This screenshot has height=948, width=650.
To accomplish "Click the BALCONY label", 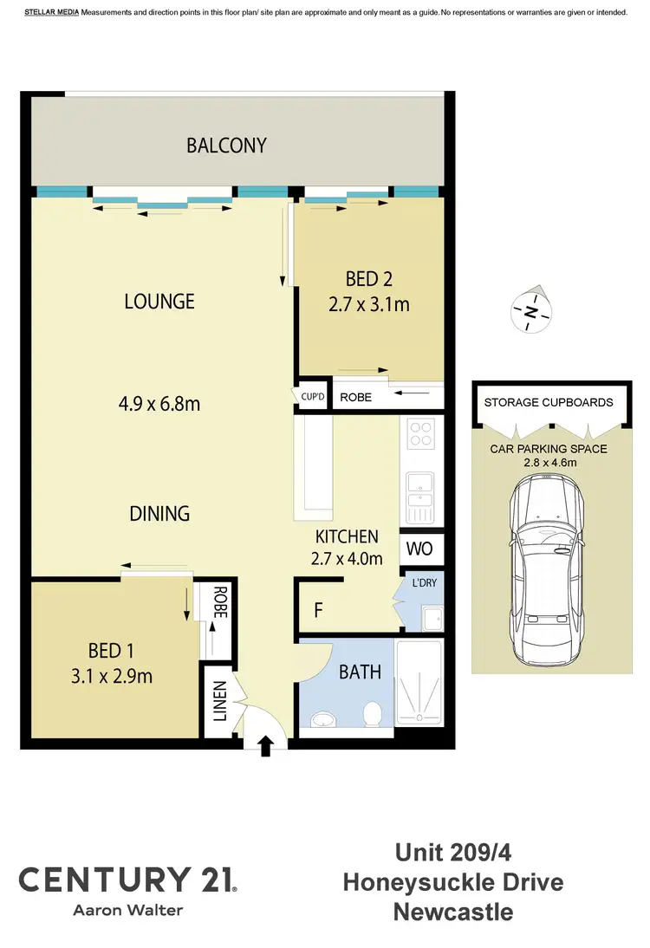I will tap(226, 146).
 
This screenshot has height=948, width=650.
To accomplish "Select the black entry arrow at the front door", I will tap(266, 745).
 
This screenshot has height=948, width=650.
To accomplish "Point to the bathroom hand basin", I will tap(323, 719).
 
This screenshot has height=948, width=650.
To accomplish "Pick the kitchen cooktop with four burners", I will tap(421, 433).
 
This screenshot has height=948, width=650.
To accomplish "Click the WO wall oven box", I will tap(420, 549).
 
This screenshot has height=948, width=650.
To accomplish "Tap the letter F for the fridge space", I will tap(318, 610).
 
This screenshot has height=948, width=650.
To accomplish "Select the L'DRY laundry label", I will tap(424, 582).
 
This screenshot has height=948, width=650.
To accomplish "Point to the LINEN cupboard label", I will tap(218, 701).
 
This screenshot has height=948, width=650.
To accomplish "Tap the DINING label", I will tap(159, 513).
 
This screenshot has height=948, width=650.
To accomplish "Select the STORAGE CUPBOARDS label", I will tap(548, 402).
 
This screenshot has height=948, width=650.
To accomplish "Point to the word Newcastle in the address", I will tap(452, 912).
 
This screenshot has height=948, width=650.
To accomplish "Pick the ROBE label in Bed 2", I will tap(356, 399).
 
